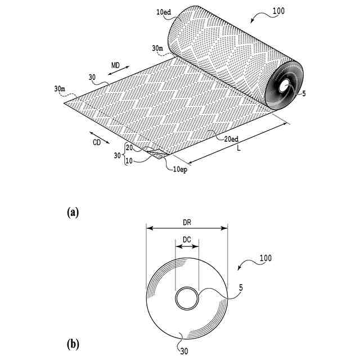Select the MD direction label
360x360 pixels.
[115, 66]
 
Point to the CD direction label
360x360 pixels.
[97, 143]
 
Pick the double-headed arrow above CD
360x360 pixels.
[97, 134]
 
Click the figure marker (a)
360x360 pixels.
[72, 211]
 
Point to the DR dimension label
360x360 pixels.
[186, 222]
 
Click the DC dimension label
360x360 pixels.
[187, 239]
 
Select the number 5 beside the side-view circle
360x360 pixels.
[241, 288]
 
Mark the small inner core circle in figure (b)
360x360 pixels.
[186, 298]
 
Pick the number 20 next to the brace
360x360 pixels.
[129, 147]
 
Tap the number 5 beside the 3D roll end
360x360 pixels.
[304, 94]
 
